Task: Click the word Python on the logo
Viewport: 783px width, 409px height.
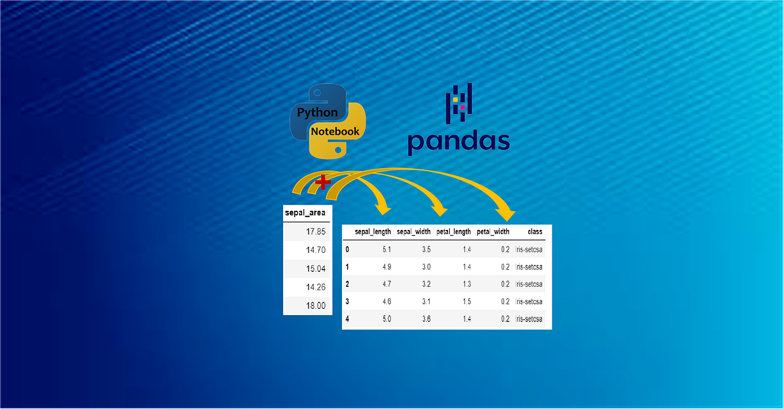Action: click(x=317, y=112)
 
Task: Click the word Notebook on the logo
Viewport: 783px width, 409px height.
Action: click(x=335, y=131)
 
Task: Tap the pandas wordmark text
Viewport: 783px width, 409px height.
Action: click(x=458, y=142)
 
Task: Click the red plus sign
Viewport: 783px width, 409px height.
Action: click(x=323, y=183)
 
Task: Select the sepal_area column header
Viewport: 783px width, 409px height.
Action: click(x=305, y=213)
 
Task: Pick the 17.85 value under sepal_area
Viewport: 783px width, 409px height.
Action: click(x=316, y=232)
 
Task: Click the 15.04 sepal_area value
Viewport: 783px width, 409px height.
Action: click(x=316, y=268)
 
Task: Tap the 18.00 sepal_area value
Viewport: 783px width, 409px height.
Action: click(x=316, y=305)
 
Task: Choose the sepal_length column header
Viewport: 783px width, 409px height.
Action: click(x=372, y=232)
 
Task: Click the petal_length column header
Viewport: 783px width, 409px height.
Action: click(x=453, y=232)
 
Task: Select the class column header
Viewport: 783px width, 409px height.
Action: click(x=534, y=232)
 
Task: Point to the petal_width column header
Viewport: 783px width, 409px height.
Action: click(x=493, y=232)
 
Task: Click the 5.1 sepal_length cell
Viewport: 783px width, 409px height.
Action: click(x=386, y=249)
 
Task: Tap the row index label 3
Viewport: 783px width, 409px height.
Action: click(x=347, y=301)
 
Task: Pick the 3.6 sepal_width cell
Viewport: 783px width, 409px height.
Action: click(x=426, y=319)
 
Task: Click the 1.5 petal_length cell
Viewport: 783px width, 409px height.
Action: click(x=466, y=301)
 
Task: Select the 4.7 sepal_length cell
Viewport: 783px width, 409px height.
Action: click(x=386, y=284)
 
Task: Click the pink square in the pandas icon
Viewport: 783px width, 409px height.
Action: click(x=462, y=107)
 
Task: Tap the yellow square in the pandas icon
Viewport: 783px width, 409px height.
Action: click(x=456, y=100)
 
